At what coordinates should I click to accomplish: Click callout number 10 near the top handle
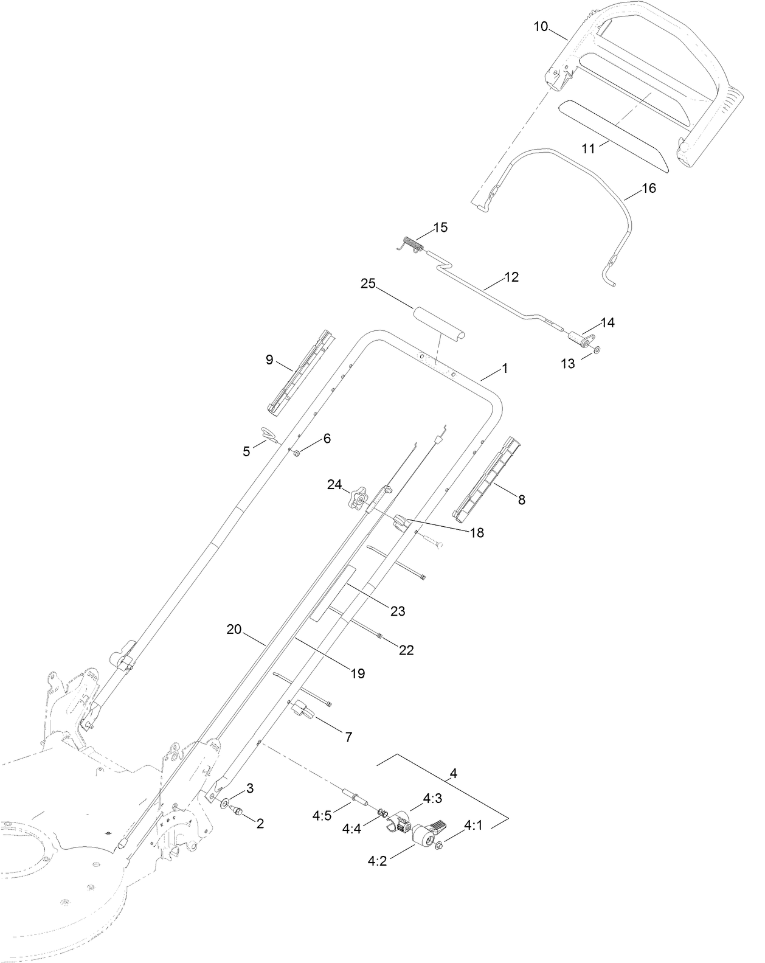[x=541, y=26]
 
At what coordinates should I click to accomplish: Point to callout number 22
[x=406, y=650]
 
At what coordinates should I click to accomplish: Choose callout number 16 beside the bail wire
[x=649, y=188]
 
